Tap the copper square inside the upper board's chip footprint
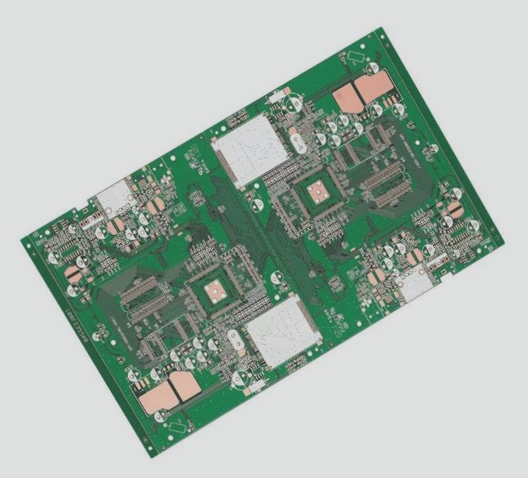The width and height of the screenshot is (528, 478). pos(317,192)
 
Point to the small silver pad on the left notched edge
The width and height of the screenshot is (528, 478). pos(113,196)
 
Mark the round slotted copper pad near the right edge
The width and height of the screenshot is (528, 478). pos(456,207)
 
